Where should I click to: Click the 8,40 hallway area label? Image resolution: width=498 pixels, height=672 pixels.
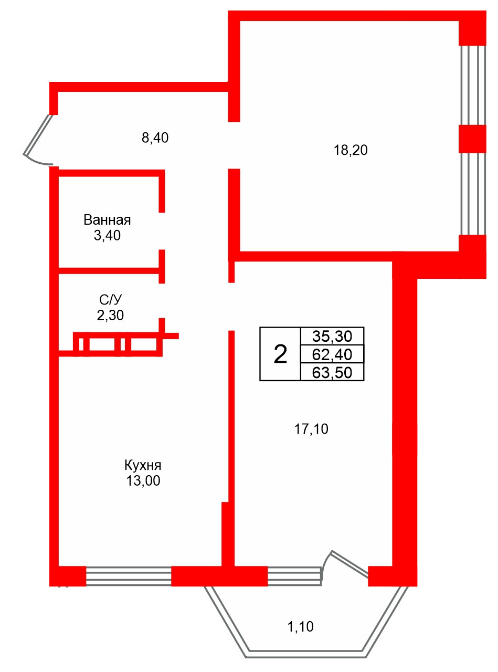pyautogui.click(x=155, y=138)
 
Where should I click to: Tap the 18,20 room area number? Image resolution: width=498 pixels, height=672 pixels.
pyautogui.click(x=351, y=150)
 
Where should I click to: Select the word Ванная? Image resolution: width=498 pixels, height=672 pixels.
pyautogui.click(x=107, y=220)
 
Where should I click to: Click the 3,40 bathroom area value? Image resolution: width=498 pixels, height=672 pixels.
pyautogui.click(x=107, y=235)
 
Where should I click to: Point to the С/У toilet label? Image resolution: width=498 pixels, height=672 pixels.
pyautogui.click(x=110, y=300)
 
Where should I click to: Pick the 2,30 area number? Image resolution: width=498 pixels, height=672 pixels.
pyautogui.click(x=110, y=316)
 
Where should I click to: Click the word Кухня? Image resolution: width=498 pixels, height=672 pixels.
pyautogui.click(x=143, y=465)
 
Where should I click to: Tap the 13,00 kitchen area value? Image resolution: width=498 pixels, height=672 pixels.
pyautogui.click(x=143, y=480)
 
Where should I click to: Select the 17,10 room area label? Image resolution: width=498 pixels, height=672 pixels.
pyautogui.click(x=311, y=429)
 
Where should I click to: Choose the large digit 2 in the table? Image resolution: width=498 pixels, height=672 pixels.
pyautogui.click(x=280, y=354)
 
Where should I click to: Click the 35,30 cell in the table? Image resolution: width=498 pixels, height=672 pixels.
pyautogui.click(x=332, y=337)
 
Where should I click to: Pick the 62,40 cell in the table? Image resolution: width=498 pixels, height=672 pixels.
pyautogui.click(x=332, y=354)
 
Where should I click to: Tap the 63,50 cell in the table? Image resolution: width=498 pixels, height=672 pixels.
pyautogui.click(x=332, y=372)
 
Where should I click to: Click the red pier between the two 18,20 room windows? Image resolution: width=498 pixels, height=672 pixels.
pyautogui.click(x=472, y=139)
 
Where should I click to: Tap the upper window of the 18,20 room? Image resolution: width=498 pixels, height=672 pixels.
pyautogui.click(x=473, y=85)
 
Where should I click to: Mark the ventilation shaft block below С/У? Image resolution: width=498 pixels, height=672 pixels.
pyautogui.click(x=118, y=344)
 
